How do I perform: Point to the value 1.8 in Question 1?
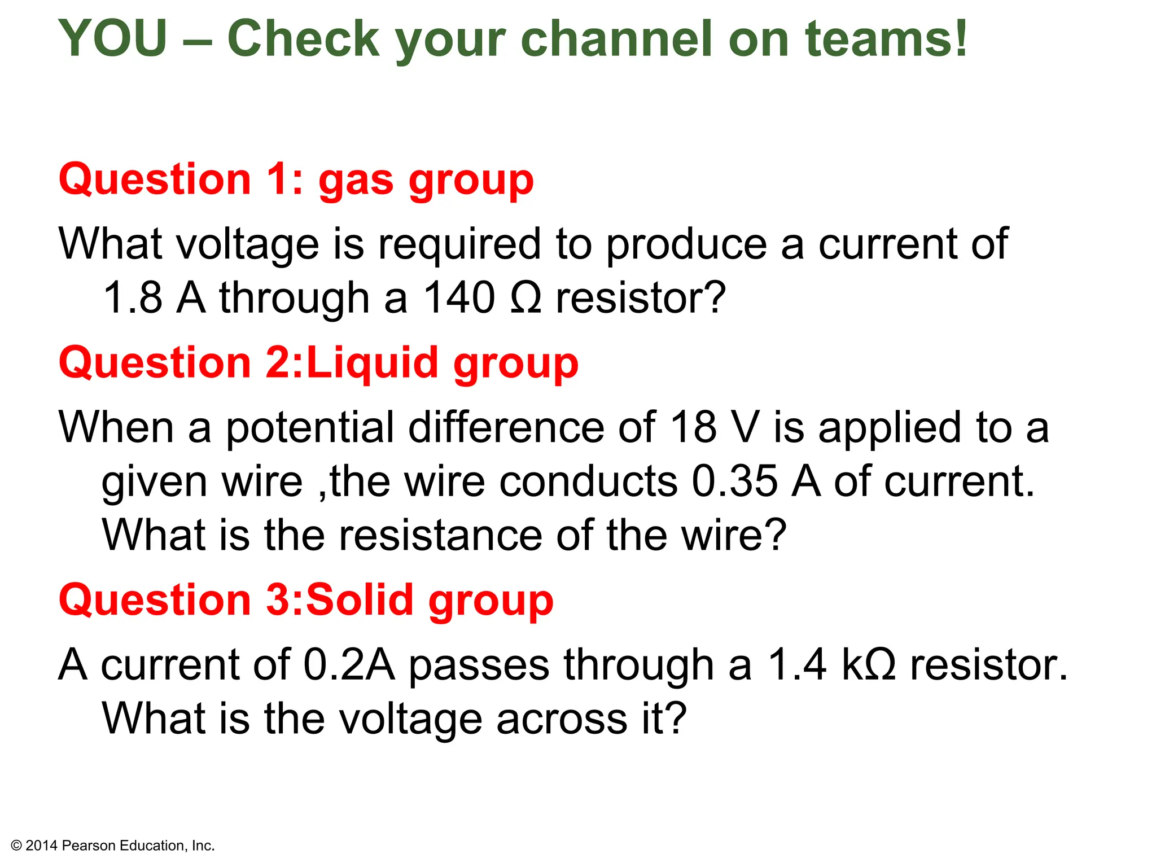[x=133, y=297]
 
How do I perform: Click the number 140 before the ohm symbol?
[x=459, y=297]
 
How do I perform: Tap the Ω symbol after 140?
[x=526, y=297]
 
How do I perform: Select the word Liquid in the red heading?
[x=372, y=362]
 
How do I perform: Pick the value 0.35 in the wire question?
[x=734, y=481]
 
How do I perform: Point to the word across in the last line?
[x=562, y=719]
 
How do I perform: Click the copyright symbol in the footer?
[x=16, y=846]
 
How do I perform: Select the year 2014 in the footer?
[x=42, y=846]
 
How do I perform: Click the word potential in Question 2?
[x=310, y=427]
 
